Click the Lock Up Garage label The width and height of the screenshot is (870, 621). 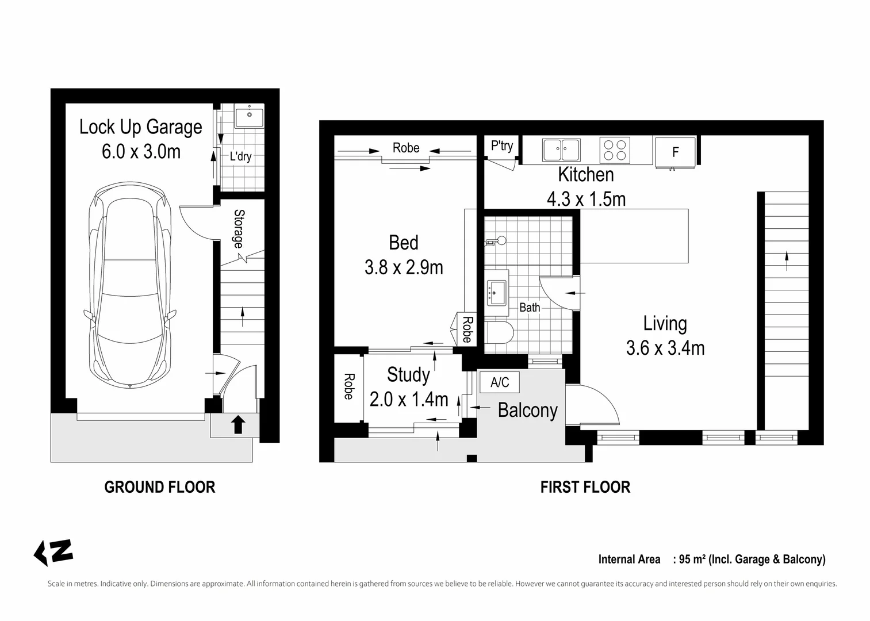140,127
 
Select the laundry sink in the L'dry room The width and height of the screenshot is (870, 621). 249,117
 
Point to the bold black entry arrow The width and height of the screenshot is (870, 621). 239,425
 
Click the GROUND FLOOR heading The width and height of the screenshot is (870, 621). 159,487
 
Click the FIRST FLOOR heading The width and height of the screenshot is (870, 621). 585,487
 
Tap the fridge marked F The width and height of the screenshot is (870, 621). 676,152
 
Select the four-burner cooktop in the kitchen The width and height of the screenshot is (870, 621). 614,149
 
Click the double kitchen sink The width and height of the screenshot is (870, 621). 561,150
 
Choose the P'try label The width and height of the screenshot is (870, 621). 501,146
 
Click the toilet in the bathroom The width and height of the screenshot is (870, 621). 499,332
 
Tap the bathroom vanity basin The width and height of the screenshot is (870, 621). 496,292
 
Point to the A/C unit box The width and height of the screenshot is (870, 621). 499,382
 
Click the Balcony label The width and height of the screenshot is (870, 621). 527,410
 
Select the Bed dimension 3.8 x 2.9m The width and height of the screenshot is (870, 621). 404,267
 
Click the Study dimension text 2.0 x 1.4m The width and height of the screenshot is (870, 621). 408,399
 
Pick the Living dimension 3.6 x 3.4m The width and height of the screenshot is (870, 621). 665,348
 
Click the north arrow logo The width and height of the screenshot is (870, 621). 53,553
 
